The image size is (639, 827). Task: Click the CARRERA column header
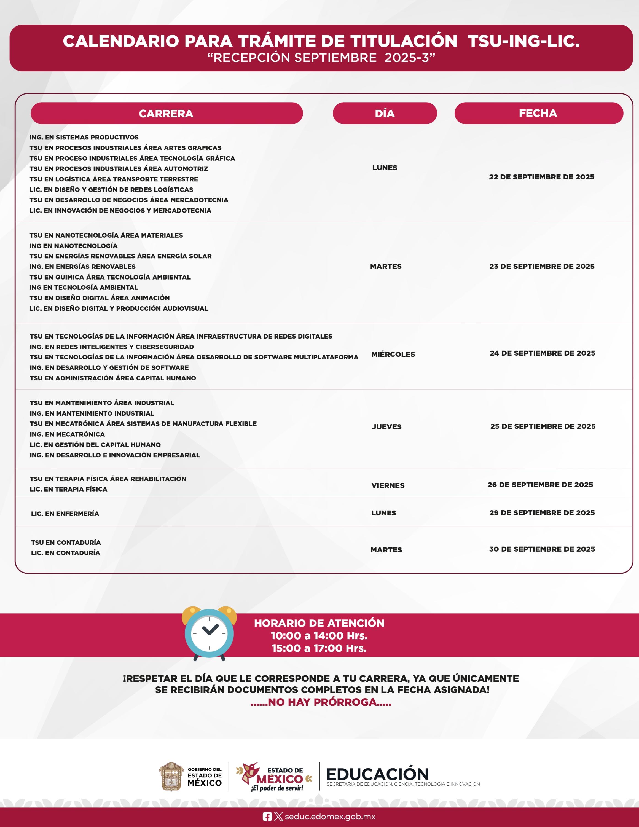point(166,113)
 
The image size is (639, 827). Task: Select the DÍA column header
point(385,113)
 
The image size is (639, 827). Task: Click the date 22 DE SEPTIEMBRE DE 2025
point(541,177)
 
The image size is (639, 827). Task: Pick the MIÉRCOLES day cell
point(393,355)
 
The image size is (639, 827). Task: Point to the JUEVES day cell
point(386,427)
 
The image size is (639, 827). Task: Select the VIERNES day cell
point(388,485)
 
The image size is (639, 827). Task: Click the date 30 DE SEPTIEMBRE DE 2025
point(542,549)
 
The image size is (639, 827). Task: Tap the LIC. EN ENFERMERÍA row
point(65,514)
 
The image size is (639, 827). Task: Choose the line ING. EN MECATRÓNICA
point(67,434)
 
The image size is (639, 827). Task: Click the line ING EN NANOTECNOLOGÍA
point(73,246)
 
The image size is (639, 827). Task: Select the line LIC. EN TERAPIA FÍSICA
point(69,489)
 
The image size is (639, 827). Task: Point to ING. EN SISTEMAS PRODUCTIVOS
point(84,138)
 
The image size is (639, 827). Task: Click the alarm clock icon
point(209,633)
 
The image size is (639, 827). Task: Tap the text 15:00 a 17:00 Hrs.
point(319,648)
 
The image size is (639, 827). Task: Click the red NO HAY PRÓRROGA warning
point(321,702)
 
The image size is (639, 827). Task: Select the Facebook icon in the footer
point(267,817)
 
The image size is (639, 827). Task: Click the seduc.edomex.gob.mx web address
point(330,817)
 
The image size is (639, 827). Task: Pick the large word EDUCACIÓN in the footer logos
point(377,775)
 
